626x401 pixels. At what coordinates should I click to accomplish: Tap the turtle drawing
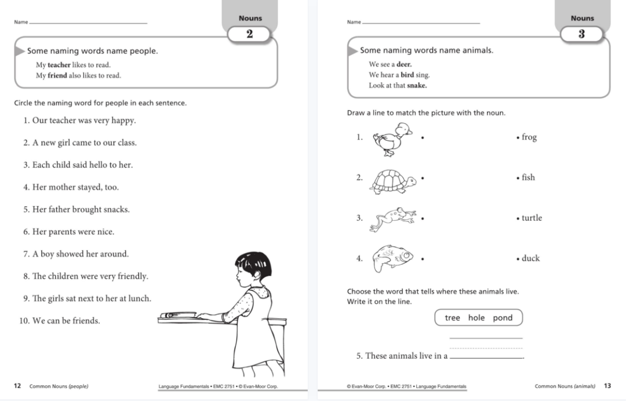tap(394, 181)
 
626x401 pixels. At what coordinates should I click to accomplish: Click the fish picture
tap(392, 257)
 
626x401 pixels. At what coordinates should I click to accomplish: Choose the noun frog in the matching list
tap(529, 137)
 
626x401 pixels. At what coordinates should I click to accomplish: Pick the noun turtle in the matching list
tap(532, 218)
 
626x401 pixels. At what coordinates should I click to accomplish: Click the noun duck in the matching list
tap(530, 258)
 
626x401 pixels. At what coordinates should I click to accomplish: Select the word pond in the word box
tap(503, 318)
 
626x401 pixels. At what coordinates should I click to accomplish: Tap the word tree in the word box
tap(452, 318)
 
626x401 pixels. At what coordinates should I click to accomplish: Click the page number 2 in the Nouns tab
tap(250, 34)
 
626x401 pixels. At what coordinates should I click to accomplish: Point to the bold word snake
tap(417, 85)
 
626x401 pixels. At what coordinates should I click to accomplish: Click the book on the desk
tap(176, 315)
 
